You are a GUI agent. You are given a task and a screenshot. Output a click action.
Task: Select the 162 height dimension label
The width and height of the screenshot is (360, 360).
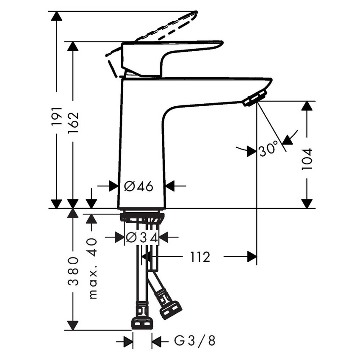(74, 122)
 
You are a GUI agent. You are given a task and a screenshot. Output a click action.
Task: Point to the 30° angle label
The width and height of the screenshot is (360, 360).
(268, 150)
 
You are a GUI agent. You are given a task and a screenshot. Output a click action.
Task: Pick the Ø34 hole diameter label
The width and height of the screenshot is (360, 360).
(141, 238)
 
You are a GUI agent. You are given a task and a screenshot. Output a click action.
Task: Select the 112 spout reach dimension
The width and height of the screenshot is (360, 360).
(200, 256)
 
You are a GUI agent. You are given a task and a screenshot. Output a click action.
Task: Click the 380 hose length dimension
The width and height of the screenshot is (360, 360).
(74, 271)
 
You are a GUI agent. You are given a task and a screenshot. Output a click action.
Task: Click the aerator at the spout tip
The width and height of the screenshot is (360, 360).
(255, 97)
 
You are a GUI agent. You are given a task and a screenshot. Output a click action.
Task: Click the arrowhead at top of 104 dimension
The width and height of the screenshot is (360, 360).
(307, 106)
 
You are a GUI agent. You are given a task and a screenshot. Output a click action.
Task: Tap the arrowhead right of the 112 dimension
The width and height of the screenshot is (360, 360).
(252, 256)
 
